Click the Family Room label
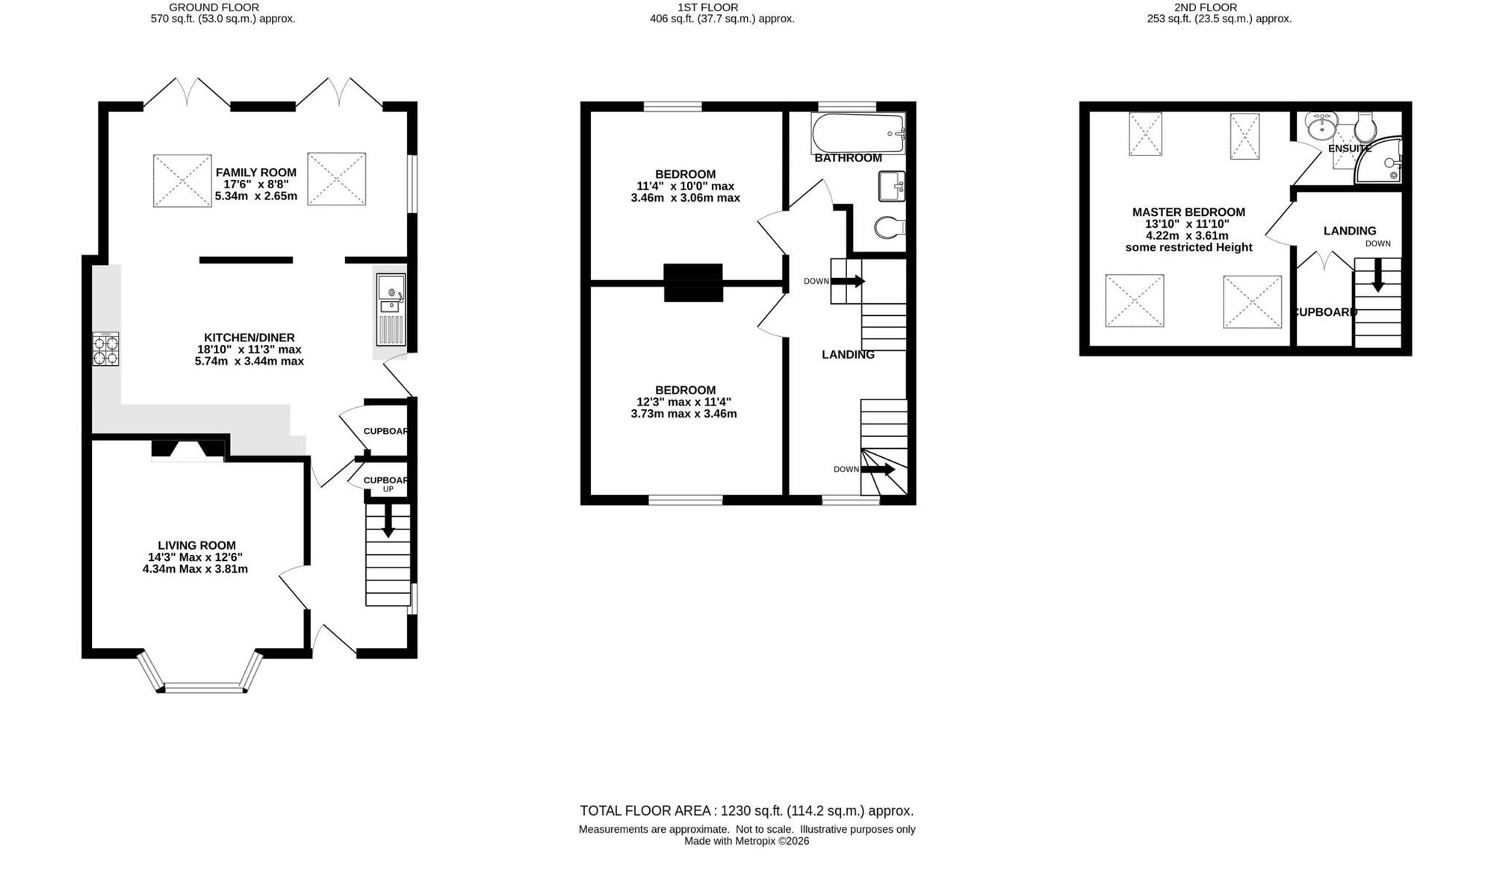pyautogui.click(x=255, y=173)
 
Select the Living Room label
pyautogui.click(x=196, y=546)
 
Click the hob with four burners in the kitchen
pyautogui.click(x=105, y=350)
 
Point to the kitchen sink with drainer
pyautogui.click(x=391, y=309)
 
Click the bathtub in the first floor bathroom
pyautogui.click(x=858, y=132)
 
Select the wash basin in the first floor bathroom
pyautogui.click(x=892, y=186)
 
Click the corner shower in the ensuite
pyautogui.click(x=1379, y=160)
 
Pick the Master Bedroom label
pyautogui.click(x=1188, y=212)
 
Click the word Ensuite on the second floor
pyautogui.click(x=1350, y=149)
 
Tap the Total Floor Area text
pyautogui.click(x=746, y=811)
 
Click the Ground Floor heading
pyautogui.click(x=214, y=7)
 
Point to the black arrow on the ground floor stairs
pyautogui.click(x=388, y=521)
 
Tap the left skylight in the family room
pyautogui.click(x=182, y=180)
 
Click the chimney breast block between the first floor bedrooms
pyautogui.click(x=693, y=282)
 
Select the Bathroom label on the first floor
pyautogui.click(x=848, y=158)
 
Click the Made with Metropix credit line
pyautogui.click(x=747, y=841)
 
